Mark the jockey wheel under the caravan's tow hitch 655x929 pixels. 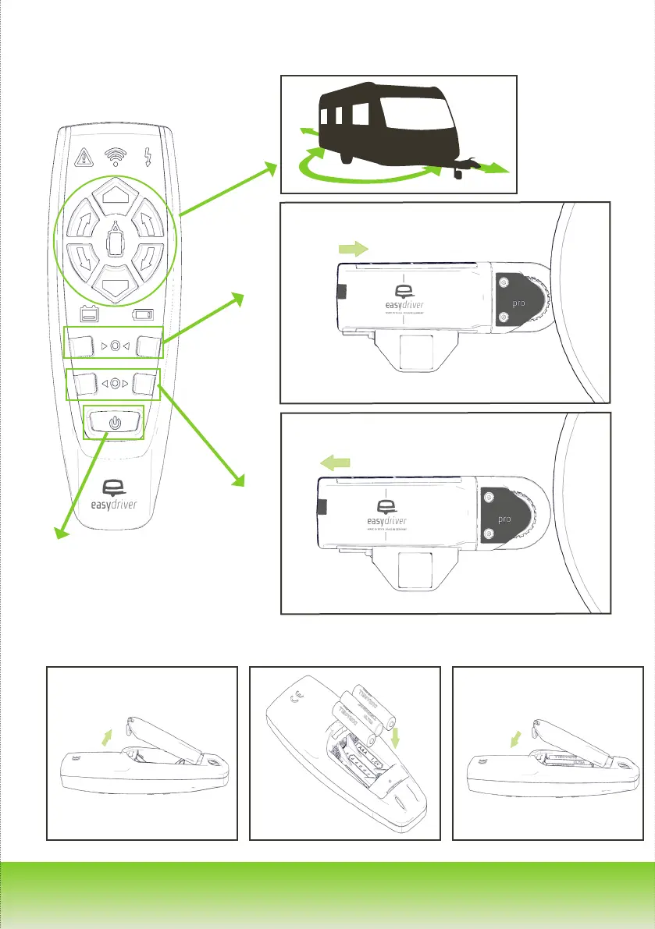tap(457, 175)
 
